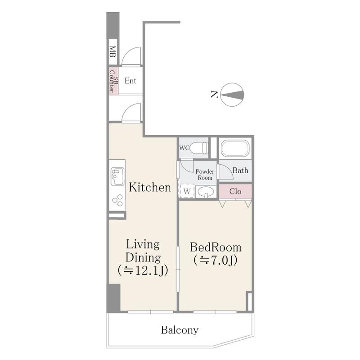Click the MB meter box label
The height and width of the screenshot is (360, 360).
112,52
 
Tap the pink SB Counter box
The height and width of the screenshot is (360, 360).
113,81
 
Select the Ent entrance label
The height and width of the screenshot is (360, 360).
130,81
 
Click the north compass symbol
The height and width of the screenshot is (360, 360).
232,94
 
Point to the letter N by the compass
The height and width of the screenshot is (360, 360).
214,94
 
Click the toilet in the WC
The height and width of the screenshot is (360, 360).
199,148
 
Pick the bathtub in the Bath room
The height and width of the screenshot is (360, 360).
235,148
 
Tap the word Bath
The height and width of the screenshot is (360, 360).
240,171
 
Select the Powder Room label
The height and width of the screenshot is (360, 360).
205,175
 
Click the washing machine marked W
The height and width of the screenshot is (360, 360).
187,191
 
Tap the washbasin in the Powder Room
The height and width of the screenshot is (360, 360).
206,192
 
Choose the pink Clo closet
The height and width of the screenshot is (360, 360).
235,191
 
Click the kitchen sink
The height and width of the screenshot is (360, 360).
117,176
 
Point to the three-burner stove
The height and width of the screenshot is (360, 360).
117,200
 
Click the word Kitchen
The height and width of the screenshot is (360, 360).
150,187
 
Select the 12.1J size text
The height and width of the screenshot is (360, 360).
143,271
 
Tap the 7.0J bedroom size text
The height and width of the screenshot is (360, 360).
216,261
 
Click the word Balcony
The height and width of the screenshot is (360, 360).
180,330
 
